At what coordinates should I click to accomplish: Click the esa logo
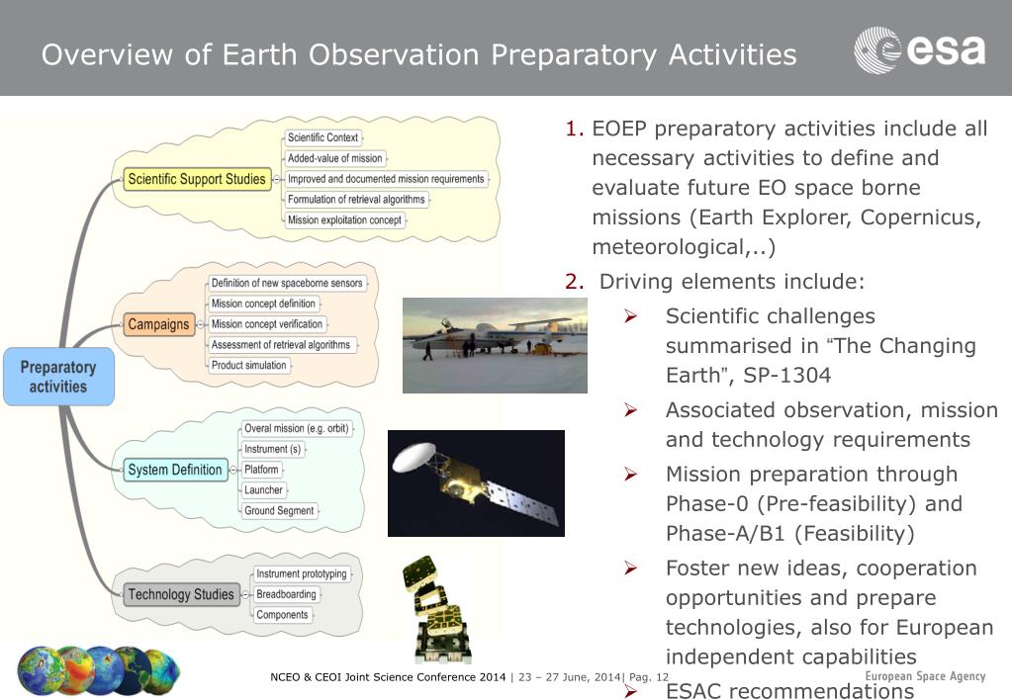920,49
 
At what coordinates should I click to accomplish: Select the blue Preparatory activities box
58,377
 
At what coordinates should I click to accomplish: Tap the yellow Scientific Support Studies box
197,179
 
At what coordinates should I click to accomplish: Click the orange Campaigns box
158,324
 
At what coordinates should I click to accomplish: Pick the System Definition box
175,470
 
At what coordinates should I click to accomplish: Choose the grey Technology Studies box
181,594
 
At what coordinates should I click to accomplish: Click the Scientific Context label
322,137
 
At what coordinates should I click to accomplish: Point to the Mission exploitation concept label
344,220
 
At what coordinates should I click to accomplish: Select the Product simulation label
249,365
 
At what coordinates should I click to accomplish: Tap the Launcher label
263,490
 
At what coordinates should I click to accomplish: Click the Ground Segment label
279,511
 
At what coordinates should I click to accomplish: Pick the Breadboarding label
287,594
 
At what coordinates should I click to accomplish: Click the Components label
282,615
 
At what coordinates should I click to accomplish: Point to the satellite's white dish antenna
414,456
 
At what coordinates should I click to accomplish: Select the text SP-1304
786,376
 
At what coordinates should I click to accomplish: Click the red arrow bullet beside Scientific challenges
630,316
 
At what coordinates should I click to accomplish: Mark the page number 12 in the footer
662,677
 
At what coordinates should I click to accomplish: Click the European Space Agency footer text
925,676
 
